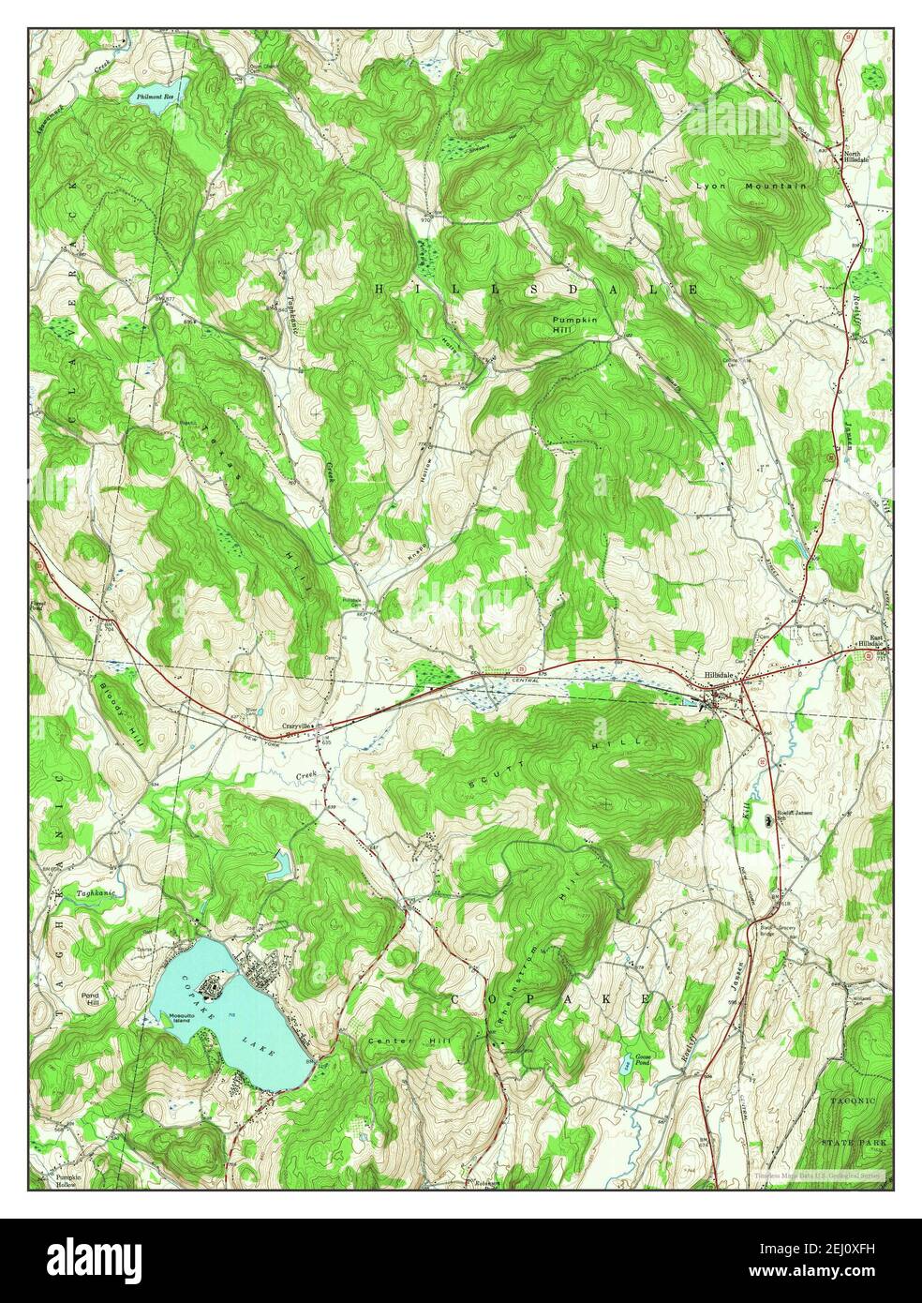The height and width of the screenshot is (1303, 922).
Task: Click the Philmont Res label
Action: (x=155, y=97)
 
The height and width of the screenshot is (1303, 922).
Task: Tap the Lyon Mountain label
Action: (x=750, y=187)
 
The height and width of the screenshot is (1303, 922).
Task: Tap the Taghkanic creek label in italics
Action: (x=97, y=893)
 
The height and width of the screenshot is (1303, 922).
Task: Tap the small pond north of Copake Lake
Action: (x=279, y=865)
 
